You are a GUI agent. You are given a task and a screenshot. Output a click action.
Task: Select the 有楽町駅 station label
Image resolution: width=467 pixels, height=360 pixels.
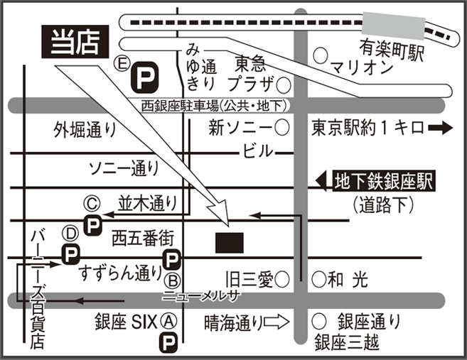click(390, 49)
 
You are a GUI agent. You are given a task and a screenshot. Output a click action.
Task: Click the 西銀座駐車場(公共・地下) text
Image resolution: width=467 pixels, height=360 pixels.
click(213, 107)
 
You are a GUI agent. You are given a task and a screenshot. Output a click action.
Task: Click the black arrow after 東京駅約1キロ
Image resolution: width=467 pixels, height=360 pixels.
click(441, 129)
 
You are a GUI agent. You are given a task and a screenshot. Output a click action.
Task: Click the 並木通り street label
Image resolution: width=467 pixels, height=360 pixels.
click(147, 203)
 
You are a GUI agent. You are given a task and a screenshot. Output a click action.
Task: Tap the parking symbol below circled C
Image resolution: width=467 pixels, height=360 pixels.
click(92, 225)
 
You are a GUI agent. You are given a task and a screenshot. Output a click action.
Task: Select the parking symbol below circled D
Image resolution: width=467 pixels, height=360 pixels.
click(70, 253)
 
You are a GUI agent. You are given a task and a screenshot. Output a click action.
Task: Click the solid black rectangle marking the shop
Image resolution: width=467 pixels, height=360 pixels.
click(230, 242)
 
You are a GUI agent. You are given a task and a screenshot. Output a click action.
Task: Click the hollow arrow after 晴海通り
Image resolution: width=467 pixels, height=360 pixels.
click(276, 322)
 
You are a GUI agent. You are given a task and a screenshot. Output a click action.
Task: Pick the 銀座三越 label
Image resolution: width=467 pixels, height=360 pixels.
click(348, 344)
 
